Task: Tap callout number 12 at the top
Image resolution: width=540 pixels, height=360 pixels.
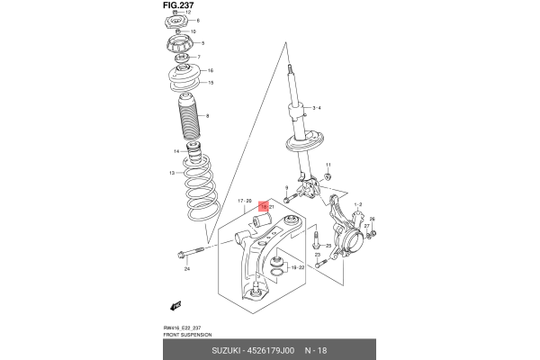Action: pos(201,12)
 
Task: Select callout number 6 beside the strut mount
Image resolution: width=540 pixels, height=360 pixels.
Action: pos(199,20)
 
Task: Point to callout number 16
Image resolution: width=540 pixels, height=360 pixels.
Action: pos(210,70)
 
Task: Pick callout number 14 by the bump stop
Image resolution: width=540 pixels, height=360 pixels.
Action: pos(176,151)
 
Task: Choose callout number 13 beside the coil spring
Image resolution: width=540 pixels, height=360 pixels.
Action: pos(171,173)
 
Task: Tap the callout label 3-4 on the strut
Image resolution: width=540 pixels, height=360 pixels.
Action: pos(316,108)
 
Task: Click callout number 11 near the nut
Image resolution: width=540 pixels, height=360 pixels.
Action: pos(329,165)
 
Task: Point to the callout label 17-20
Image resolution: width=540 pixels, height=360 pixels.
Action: pos(244,201)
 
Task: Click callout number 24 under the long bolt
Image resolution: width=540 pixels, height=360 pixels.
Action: pos(187,269)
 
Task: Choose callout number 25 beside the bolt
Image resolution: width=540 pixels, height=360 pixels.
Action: pos(328,246)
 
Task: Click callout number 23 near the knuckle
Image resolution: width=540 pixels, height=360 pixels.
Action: pos(318,255)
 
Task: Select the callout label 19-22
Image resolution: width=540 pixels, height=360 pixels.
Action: pos(298,267)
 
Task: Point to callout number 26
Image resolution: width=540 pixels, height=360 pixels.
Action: pos(372,220)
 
